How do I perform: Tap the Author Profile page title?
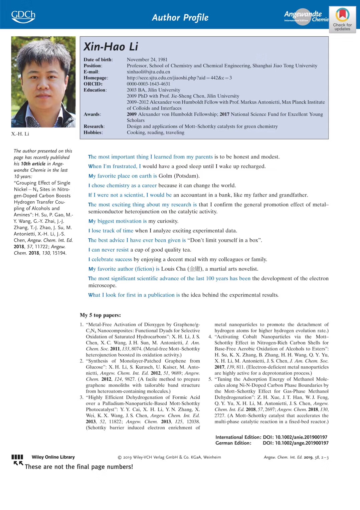(180, 17)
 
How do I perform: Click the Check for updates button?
(342, 20)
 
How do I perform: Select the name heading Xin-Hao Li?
(111, 47)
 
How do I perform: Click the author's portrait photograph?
(43, 82)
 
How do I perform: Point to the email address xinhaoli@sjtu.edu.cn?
(148, 72)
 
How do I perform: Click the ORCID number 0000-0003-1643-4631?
(148, 84)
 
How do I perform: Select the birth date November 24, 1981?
(147, 59)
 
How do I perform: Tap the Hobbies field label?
(93, 133)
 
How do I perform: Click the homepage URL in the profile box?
(179, 78)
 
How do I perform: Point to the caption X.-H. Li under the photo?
(20, 134)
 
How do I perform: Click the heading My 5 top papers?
(100, 315)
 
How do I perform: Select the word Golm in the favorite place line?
(165, 176)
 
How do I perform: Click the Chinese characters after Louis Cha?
(195, 269)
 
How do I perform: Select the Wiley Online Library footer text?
(53, 457)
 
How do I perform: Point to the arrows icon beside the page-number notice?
(18, 463)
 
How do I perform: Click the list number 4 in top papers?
(210, 337)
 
